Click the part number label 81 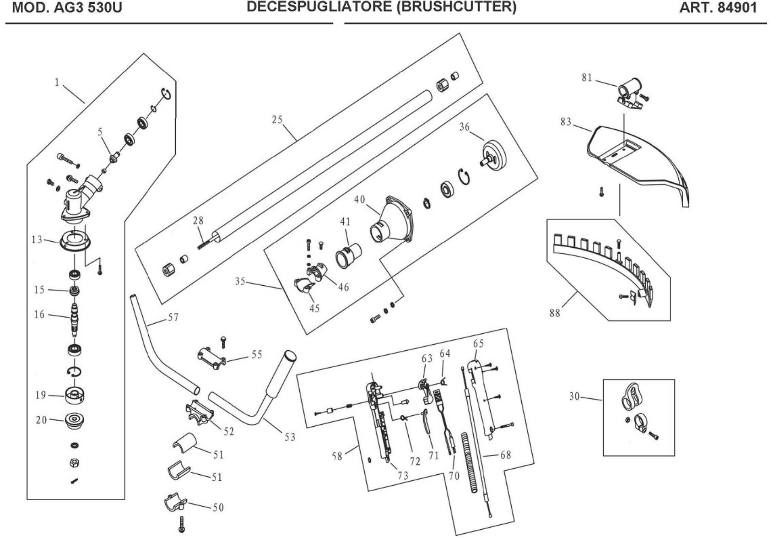[587, 78]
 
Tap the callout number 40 [359, 200]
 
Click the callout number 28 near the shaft [198, 221]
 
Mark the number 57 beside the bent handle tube [173, 318]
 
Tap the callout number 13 [37, 239]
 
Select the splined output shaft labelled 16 [75, 318]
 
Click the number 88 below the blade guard [555, 313]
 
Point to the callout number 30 [574, 397]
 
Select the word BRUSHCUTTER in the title [456, 7]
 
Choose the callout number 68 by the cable [506, 455]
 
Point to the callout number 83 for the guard [566, 122]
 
